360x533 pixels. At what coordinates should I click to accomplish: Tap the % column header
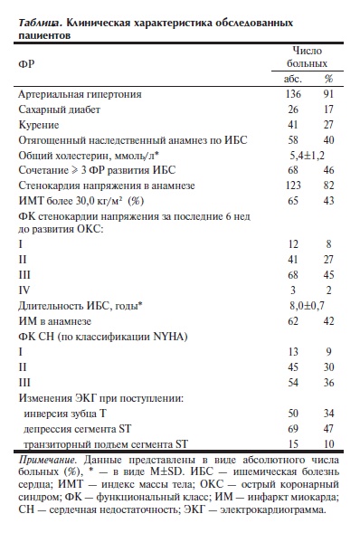click(327, 79)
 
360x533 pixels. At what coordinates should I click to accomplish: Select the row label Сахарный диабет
click(58, 109)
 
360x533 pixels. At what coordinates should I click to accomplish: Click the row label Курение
click(39, 125)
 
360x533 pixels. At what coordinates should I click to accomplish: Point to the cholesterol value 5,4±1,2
click(307, 156)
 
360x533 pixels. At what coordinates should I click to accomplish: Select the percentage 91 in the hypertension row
click(327, 94)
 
